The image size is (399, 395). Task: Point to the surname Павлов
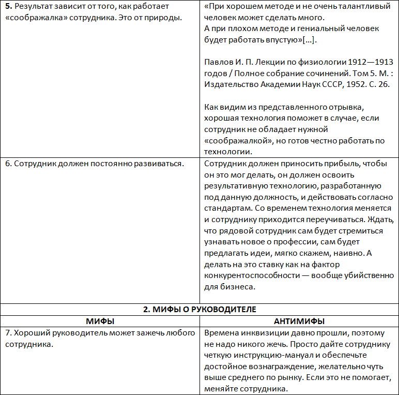(x=219, y=62)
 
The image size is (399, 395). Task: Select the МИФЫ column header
(x=100, y=321)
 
